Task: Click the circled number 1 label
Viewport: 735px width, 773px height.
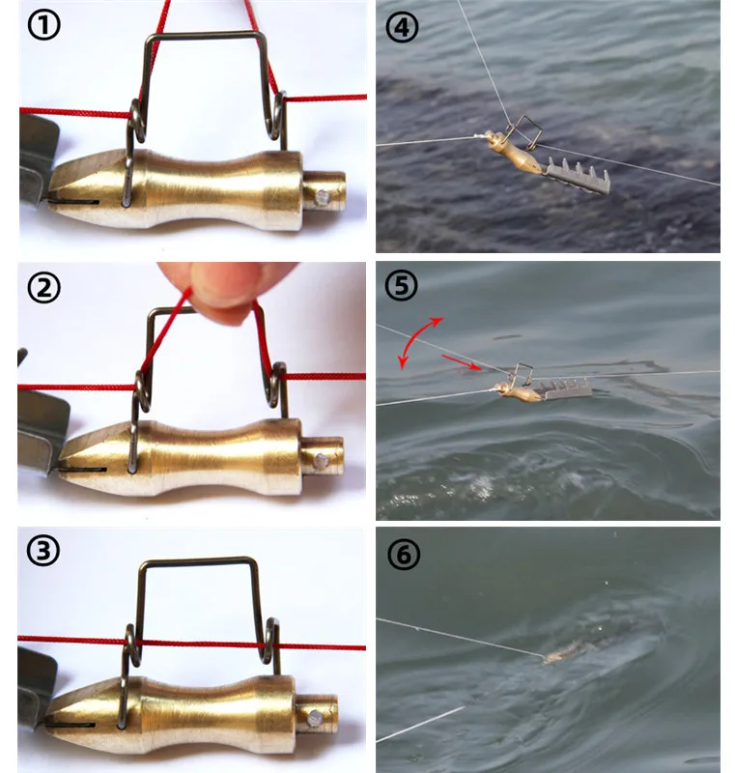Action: [43, 25]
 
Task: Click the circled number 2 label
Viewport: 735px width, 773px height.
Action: [43, 288]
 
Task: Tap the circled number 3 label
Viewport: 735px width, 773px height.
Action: [42, 551]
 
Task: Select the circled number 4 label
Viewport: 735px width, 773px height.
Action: [402, 27]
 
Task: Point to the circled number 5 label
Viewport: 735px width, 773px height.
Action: [401, 285]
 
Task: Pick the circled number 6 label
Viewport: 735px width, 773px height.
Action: [404, 554]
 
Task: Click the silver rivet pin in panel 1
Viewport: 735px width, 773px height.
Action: [323, 198]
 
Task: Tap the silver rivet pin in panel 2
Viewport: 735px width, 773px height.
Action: [322, 462]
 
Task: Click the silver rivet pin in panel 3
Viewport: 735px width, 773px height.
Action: [315, 719]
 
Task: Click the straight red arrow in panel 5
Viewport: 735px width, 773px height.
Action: [461, 361]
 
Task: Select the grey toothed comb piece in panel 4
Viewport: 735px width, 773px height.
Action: [578, 177]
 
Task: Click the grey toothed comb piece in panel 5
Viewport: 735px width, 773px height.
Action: [566, 389]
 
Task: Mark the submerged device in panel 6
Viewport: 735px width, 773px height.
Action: [572, 651]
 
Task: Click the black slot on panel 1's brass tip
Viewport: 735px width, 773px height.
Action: [74, 202]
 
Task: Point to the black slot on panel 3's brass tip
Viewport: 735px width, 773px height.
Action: [70, 725]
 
